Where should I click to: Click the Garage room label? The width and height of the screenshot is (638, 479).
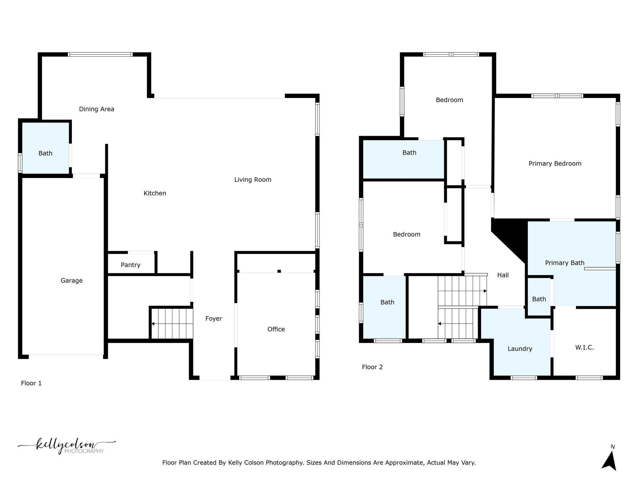tap(71, 280)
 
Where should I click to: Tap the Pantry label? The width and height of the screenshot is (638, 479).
tap(130, 265)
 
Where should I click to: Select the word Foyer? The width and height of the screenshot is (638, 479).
tap(213, 318)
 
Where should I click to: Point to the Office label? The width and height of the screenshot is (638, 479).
tap(276, 329)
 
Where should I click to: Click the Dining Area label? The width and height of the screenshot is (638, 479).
tap(97, 109)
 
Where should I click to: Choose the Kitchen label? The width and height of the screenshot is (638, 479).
tap(155, 193)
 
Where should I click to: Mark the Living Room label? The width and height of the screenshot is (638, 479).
tap(253, 179)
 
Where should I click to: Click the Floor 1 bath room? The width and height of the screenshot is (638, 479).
tap(45, 153)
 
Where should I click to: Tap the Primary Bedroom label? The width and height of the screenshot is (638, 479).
tap(555, 163)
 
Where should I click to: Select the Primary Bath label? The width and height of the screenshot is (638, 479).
tap(564, 263)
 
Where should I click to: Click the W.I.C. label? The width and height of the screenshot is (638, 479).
tap(584, 347)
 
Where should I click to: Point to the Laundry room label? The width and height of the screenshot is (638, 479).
tap(520, 349)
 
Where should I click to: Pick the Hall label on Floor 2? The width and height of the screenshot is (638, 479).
tap(503, 275)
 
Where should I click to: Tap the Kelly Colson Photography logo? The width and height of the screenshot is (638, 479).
tap(67, 446)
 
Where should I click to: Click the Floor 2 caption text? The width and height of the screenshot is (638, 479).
tap(372, 367)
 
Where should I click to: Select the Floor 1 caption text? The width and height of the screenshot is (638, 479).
tap(31, 383)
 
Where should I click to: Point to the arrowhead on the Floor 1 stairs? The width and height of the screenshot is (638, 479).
tap(153, 324)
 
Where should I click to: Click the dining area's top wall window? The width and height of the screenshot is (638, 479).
tap(100, 54)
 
